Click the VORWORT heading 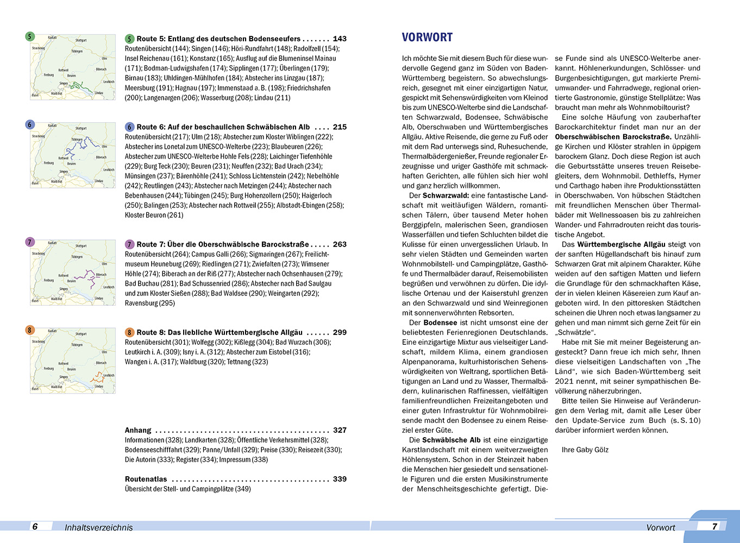coord(427,37)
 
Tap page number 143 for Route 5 coord(340,39)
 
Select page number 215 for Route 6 coord(340,127)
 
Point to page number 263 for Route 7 coord(340,244)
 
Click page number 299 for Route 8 coord(340,332)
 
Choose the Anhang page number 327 coord(340,430)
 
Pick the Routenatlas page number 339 coord(340,479)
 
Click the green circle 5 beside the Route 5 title coord(130,39)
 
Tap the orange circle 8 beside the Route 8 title coord(130,332)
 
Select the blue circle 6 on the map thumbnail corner coord(30,125)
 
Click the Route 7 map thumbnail coord(73,272)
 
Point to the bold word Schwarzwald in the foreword coord(446,195)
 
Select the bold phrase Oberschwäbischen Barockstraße coord(613,137)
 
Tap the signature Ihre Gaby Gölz coord(585,450)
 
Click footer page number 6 coord(35,526)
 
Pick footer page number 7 coord(714,526)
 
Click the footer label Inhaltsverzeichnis coord(98,527)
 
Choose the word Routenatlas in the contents coord(146,479)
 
